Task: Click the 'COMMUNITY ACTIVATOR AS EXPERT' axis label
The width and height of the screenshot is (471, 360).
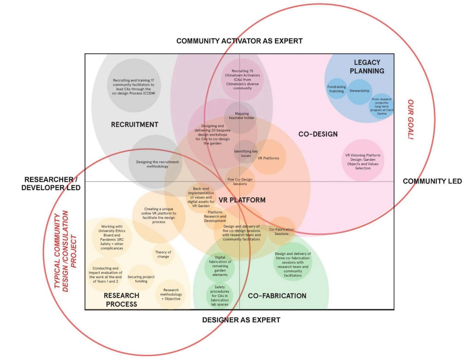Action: click(x=239, y=41)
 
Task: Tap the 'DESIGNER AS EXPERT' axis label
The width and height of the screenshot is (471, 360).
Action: click(x=241, y=320)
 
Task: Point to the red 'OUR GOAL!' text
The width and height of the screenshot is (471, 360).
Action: click(x=411, y=120)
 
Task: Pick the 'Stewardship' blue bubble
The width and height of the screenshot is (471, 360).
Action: click(x=360, y=91)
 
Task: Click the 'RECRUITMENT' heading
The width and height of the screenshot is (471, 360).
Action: click(x=135, y=125)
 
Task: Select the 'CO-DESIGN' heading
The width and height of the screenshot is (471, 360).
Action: click(x=318, y=134)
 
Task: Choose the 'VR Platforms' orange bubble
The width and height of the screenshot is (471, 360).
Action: click(x=268, y=158)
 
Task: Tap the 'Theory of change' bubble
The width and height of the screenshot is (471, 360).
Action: click(x=163, y=255)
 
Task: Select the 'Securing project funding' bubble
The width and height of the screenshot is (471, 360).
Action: click(x=141, y=279)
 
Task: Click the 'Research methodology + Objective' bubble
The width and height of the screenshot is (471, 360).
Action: click(x=171, y=295)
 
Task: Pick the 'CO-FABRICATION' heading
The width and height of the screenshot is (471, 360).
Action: click(x=277, y=296)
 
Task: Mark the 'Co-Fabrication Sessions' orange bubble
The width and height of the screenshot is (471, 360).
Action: click(x=281, y=231)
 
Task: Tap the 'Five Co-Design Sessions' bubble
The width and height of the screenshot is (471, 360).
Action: click(x=240, y=182)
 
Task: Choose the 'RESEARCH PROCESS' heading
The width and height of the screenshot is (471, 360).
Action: click(x=121, y=300)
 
